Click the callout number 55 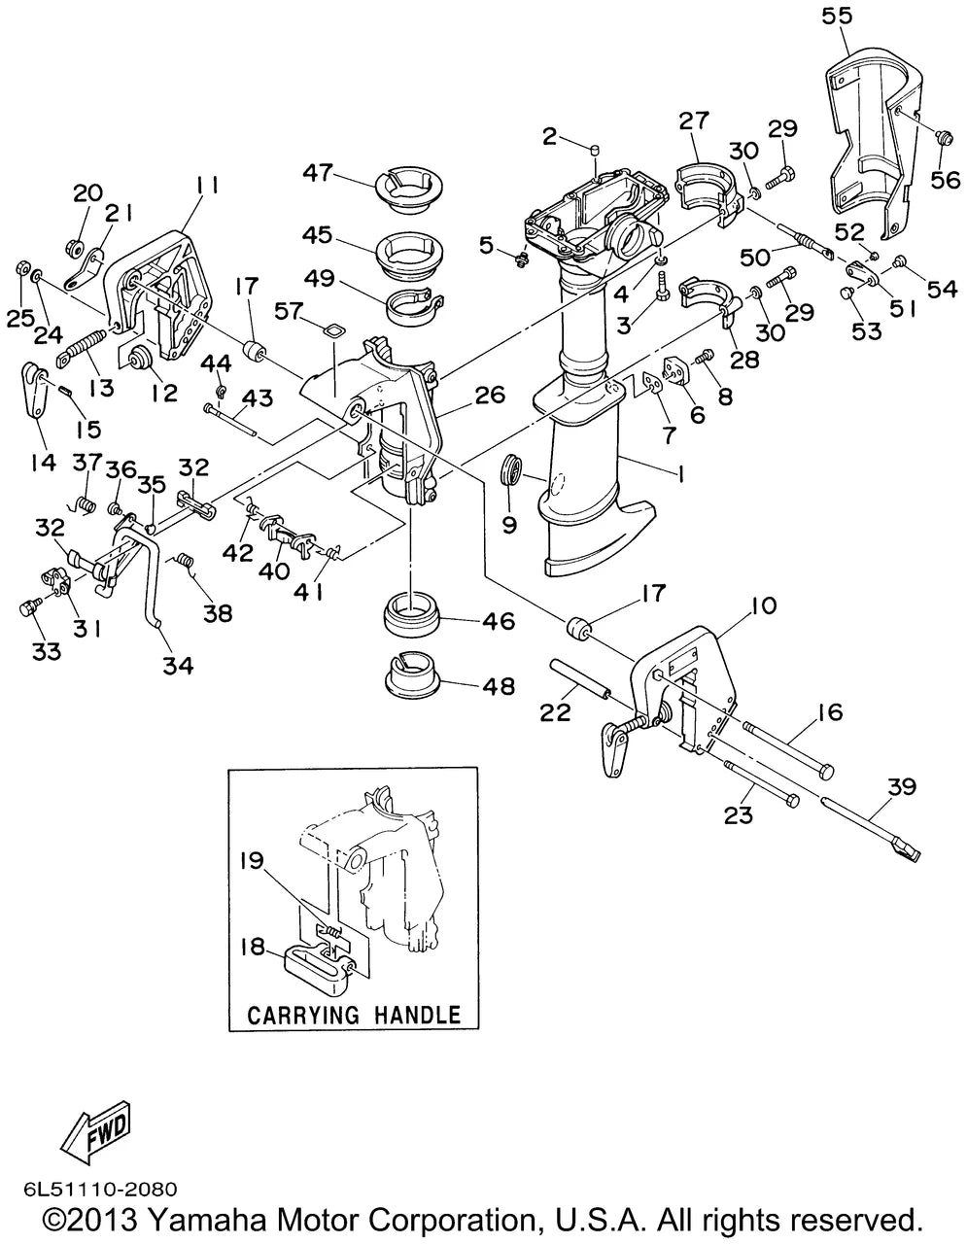click(x=837, y=16)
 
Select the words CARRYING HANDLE click(x=354, y=1015)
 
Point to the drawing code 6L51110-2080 click(x=100, y=1188)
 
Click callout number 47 click(x=319, y=172)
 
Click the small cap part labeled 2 click(x=596, y=151)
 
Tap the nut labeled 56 click(x=943, y=138)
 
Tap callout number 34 click(x=178, y=665)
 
